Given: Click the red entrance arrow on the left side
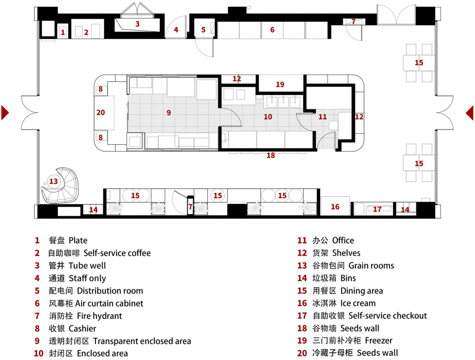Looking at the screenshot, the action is click(5, 112).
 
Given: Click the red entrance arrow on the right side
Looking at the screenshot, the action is click(470, 112).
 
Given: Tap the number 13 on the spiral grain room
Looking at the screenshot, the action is click(53, 181).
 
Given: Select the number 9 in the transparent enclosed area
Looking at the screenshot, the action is click(169, 112).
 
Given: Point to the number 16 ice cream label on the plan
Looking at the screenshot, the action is click(335, 207).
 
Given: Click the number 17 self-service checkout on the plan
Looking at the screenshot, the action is click(377, 209).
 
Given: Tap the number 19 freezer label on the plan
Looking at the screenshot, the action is click(280, 84).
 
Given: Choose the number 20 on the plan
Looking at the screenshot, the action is click(100, 112).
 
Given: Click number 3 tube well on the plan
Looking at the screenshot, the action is click(138, 24).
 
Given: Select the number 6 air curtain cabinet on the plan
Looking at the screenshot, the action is click(272, 30).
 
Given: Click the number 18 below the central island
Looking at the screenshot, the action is click(271, 155).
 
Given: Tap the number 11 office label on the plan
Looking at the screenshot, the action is click(323, 116).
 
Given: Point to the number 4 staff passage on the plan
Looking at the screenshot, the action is click(176, 30).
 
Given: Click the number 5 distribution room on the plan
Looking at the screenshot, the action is click(203, 30).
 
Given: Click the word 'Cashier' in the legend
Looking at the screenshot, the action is click(83, 328).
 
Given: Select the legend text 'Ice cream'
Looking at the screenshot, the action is click(358, 303).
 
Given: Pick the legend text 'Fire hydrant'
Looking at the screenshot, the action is click(99, 316).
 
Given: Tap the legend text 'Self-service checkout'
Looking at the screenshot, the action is click(387, 316).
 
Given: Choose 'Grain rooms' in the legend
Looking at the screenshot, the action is click(371, 266).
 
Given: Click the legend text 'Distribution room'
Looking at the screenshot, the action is click(110, 291).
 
